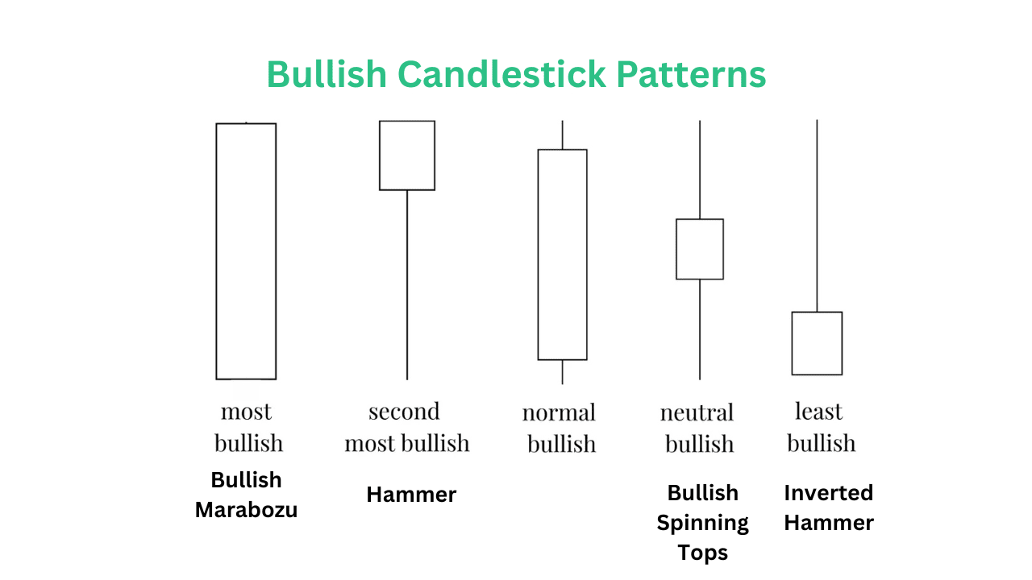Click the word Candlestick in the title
[501, 74]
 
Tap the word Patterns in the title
[691, 74]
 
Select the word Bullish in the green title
[327, 74]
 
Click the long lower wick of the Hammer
[407, 285]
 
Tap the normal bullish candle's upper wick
[562, 135]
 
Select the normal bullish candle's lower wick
[562, 372]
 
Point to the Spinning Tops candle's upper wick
[699, 169]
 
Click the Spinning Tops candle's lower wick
[699, 329]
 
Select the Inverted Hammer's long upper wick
[817, 216]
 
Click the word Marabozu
[246, 510]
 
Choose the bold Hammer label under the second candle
[411, 495]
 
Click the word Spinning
[702, 524]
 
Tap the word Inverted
[828, 493]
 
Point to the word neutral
[697, 412]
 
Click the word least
[818, 411]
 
